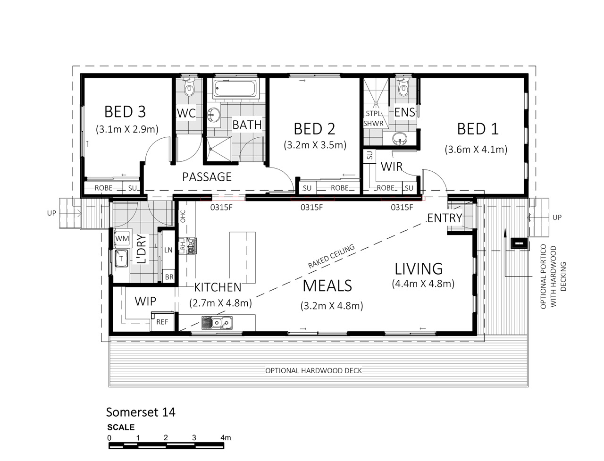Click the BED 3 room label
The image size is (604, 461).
[x=125, y=112]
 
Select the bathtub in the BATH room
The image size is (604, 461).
[x=236, y=89]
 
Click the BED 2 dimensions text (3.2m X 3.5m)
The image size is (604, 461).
[x=315, y=145]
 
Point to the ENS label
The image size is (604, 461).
[x=404, y=112]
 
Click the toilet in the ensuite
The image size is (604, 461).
[x=403, y=87]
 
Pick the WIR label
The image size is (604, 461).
[x=392, y=167]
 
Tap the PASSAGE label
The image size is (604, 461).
[x=207, y=177]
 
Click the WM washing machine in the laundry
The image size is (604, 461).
[x=122, y=238]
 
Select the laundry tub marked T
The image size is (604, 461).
[x=121, y=258]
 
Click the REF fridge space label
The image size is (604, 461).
[x=162, y=322]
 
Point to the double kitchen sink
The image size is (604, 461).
[x=217, y=323]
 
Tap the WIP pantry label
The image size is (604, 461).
[x=145, y=302]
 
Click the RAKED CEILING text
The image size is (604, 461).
[x=331, y=256]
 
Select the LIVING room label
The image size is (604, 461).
[x=419, y=269]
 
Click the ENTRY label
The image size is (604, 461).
[x=445, y=218]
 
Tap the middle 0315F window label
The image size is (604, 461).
[x=311, y=208]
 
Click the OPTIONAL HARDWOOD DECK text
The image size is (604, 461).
[x=313, y=371]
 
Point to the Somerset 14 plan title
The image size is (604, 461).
[x=141, y=412]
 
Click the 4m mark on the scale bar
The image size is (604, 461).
[x=226, y=437]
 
